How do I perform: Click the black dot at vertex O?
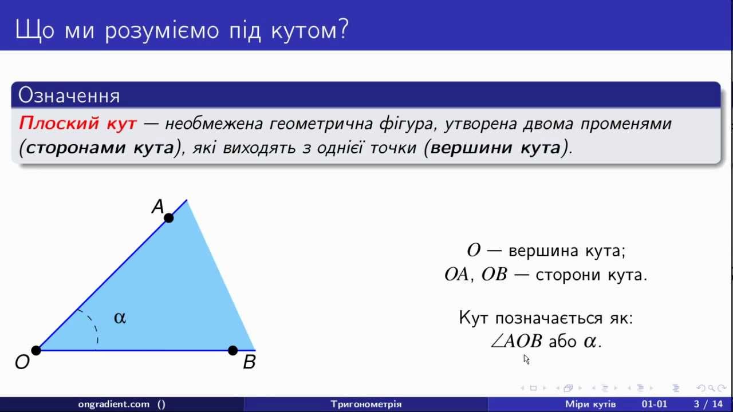tap(36, 350)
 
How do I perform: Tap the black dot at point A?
tap(168, 218)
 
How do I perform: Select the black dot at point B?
tap(232, 350)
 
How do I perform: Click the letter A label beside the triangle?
tap(157, 207)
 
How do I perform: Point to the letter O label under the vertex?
tap(22, 362)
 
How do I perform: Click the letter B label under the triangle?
tap(249, 362)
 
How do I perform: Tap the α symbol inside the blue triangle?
tap(120, 318)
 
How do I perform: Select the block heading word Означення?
tap(69, 96)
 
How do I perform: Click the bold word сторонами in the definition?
tap(77, 148)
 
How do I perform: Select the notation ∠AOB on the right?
tap(517, 341)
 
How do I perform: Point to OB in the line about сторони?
tap(494, 274)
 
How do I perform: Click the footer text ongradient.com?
tap(114, 404)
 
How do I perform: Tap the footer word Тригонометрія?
tap(366, 404)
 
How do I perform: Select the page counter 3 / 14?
tap(708, 404)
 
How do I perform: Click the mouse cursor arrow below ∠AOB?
tap(526, 359)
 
